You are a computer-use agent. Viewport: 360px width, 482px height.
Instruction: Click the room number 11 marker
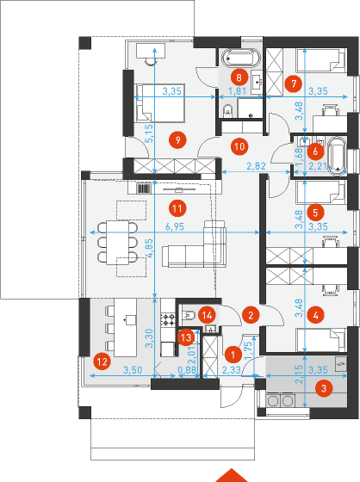click(177, 208)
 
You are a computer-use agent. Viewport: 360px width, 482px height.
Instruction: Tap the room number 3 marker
click(324, 388)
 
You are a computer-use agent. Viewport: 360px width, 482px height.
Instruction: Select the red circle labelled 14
click(207, 315)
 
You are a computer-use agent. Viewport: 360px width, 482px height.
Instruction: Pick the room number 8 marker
click(239, 77)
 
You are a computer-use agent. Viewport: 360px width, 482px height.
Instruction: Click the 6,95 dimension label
click(175, 227)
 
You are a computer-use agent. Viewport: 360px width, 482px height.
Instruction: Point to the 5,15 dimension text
click(149, 133)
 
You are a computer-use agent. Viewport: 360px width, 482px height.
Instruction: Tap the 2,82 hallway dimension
click(256, 166)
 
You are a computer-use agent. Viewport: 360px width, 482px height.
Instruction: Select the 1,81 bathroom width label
click(237, 91)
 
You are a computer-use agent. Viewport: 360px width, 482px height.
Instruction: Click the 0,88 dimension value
click(187, 369)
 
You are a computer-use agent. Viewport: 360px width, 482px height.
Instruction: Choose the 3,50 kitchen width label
click(133, 369)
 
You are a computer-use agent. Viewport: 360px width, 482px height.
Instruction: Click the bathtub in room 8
click(240, 58)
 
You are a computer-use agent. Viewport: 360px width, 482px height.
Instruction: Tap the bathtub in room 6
click(338, 156)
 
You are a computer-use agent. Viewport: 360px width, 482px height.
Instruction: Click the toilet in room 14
click(189, 315)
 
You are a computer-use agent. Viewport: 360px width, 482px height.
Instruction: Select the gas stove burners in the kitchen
click(168, 319)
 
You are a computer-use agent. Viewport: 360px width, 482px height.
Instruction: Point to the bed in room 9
click(159, 102)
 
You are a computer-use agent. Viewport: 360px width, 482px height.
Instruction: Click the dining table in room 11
click(117, 243)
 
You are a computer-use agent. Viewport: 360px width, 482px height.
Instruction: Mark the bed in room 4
click(321, 340)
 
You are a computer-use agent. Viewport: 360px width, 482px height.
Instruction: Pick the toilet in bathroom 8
click(227, 111)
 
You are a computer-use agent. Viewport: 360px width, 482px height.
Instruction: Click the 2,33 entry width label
click(231, 369)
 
